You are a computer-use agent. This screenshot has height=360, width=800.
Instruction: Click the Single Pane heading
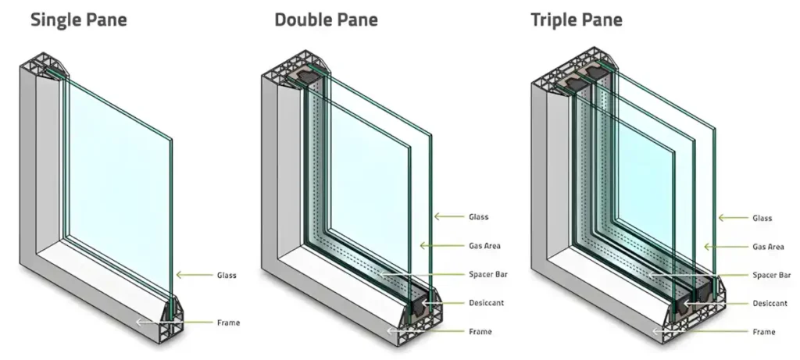(78, 19)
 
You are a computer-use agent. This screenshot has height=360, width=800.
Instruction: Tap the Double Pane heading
(326, 19)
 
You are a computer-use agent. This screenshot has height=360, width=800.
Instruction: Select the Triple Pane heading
(577, 19)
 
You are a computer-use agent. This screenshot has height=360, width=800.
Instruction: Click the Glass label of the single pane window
(227, 275)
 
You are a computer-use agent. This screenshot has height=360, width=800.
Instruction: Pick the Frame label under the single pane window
(228, 322)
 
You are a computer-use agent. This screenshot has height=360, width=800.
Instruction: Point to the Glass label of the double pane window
(479, 216)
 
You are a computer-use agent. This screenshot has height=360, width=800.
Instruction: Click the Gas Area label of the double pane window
(484, 246)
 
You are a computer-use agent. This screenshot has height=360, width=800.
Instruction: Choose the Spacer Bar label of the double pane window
(487, 275)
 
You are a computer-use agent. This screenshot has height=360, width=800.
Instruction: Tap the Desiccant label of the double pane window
(486, 303)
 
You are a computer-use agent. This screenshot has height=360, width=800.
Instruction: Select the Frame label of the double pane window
(480, 332)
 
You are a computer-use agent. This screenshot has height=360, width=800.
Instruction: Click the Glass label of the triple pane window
(762, 218)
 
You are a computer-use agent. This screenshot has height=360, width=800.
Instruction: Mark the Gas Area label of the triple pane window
(768, 247)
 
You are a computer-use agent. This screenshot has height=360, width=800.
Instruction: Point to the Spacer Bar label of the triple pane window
(771, 275)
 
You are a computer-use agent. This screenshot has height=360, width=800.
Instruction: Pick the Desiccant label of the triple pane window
(770, 303)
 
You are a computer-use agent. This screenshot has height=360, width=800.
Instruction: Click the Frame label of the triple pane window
(764, 332)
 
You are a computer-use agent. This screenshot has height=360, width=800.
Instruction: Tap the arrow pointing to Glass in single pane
(191, 275)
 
